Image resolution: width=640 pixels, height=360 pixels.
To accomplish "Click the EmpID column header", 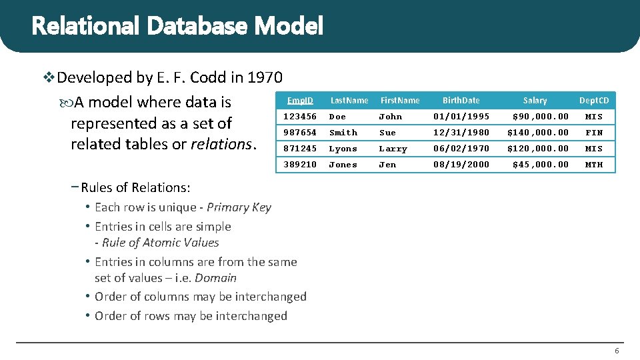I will [300, 101].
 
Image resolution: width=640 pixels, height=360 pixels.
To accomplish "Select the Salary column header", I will [535, 101].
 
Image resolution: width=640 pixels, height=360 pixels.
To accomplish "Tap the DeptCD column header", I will [593, 101].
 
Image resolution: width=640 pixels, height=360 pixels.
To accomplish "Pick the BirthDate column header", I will [461, 101].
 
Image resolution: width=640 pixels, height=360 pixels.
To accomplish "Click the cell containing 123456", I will [300, 117].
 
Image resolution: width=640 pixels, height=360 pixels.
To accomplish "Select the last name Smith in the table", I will [343, 133].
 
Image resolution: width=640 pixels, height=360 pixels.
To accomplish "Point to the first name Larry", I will [393, 149].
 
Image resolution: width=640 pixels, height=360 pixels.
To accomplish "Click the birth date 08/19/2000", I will [461, 165].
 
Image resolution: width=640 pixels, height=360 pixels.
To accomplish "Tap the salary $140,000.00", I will [538, 133].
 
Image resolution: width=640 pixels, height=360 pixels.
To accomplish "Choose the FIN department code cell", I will [593, 133].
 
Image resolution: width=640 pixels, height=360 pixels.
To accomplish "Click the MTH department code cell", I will [593, 165].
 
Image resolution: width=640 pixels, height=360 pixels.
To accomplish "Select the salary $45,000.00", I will [540, 165].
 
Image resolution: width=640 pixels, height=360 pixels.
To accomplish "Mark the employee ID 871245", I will [300, 149].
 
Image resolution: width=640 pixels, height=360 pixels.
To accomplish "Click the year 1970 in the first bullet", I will [265, 78].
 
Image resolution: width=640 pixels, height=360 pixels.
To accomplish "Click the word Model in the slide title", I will [289, 26].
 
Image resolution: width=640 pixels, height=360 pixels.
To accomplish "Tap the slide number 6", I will [617, 351].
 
